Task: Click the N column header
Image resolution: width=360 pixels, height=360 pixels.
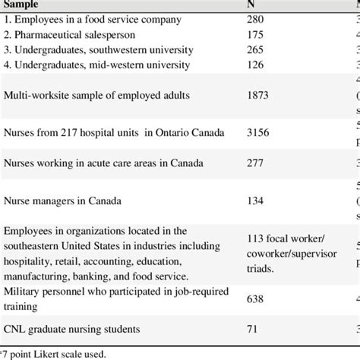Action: [x=251, y=4]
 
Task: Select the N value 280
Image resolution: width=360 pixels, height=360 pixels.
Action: [x=256, y=19]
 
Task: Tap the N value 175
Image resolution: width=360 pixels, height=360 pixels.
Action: [x=256, y=34]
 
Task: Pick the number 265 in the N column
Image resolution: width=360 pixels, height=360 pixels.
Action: [x=256, y=49]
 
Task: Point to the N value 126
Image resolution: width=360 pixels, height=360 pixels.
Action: [x=256, y=65]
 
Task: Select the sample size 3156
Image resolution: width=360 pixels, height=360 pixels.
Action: [x=259, y=134]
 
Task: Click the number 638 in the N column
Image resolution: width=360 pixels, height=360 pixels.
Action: [x=256, y=301]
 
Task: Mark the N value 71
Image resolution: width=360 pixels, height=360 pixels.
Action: [x=253, y=329]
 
